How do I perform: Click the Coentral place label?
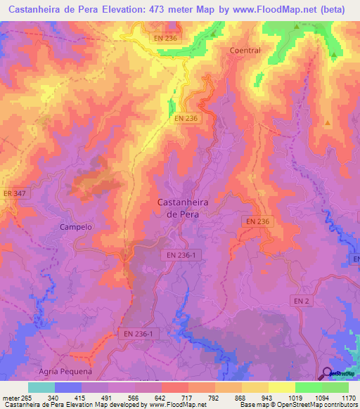point(245,51)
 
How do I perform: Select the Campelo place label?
point(77,227)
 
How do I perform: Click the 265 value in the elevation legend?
point(28,397)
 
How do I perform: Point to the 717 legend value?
point(188,397)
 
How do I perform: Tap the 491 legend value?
point(108,397)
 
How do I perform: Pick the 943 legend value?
point(267,397)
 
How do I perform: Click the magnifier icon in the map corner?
point(328,373)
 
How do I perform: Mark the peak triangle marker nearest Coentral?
point(296,27)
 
